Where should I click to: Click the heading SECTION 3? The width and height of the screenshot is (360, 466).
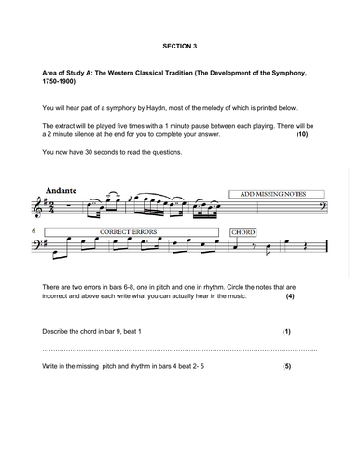pyautogui.click(x=180, y=44)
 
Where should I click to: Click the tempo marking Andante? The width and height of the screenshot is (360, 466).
pyautogui.click(x=61, y=191)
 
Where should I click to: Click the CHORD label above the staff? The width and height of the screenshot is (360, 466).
pyautogui.click(x=242, y=231)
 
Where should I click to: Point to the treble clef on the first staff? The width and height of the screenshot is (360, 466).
pyautogui.click(x=38, y=207)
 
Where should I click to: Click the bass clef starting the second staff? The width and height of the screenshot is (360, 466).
pyautogui.click(x=38, y=244)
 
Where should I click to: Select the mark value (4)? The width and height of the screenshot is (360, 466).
pyautogui.click(x=290, y=296)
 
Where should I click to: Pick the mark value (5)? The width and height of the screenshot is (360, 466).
pyautogui.click(x=287, y=367)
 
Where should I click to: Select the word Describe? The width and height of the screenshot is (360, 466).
pyautogui.click(x=61, y=332)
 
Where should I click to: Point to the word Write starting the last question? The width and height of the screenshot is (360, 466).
pyautogui.click(x=52, y=367)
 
